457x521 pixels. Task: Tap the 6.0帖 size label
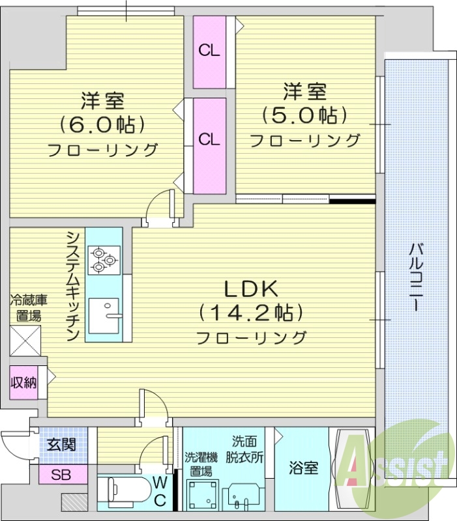[x=102, y=123]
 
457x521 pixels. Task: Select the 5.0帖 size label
[x=304, y=115]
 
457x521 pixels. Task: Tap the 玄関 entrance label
[x=62, y=445]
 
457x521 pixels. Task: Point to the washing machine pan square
[x=201, y=495]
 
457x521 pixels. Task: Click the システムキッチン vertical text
[x=73, y=285]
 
